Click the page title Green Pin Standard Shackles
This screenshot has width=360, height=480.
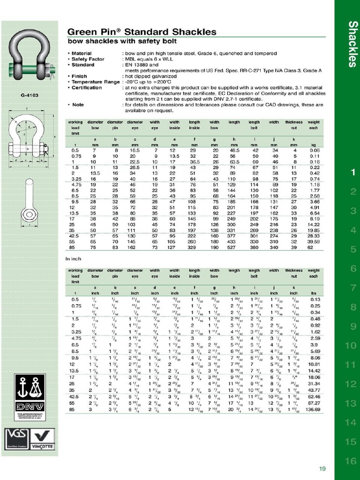coord(142,32)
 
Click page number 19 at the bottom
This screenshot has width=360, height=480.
coord(322,469)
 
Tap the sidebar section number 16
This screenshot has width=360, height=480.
coord(351,461)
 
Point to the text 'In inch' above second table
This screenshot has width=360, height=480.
coord(74,258)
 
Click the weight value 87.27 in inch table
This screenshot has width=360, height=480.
coord(314,403)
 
